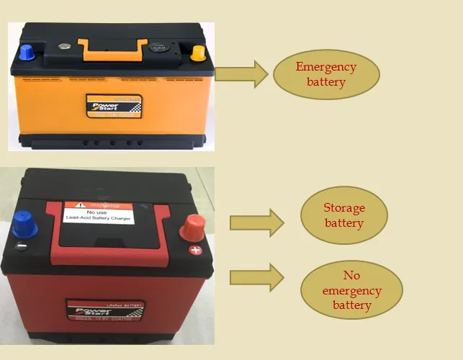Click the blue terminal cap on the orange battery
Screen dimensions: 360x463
(27, 51)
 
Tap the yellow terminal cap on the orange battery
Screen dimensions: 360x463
(197, 53)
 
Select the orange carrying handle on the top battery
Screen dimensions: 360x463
(107, 50)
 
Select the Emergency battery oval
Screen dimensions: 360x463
(325, 74)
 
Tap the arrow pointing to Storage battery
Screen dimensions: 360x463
(256, 222)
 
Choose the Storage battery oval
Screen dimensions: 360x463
(343, 215)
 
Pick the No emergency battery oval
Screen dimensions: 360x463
(351, 290)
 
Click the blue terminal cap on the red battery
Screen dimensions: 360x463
(25, 225)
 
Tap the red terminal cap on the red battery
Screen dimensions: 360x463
(193, 227)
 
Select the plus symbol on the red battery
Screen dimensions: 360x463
(194, 251)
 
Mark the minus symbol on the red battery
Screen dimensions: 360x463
(22, 246)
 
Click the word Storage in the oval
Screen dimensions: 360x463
(343, 208)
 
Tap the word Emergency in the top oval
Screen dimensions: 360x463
(325, 67)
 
